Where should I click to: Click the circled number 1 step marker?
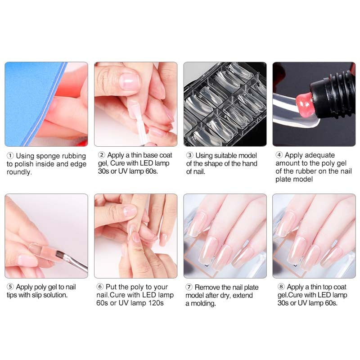point(10,156)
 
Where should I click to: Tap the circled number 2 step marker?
point(101,155)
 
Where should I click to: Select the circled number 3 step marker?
point(189,155)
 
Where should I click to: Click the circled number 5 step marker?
point(10,287)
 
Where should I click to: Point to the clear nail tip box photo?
point(225,104)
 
